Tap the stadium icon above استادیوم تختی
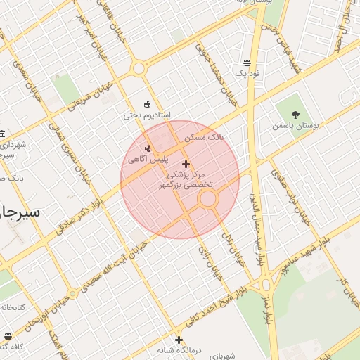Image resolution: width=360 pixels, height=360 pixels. [x=146, y=105]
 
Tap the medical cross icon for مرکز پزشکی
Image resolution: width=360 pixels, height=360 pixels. [x=186, y=163]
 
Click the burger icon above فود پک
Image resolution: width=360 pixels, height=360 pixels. [x=245, y=62]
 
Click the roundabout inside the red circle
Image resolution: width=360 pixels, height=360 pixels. [x=207, y=199]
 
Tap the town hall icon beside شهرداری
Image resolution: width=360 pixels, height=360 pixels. [x=2, y=134]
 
